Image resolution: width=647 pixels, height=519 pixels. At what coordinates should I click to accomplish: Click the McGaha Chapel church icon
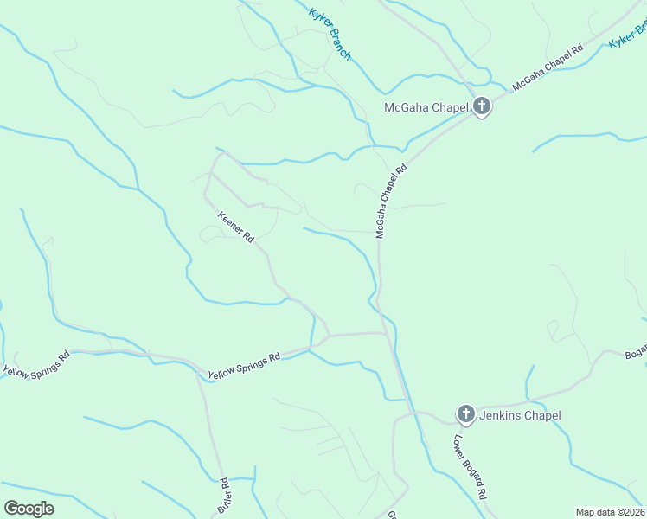coord(481,107)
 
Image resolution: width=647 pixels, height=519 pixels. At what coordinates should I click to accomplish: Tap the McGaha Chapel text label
coord(426,108)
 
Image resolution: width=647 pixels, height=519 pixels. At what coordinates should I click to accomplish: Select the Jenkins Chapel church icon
coord(465,414)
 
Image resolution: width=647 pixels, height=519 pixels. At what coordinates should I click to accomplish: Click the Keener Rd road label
coord(234,227)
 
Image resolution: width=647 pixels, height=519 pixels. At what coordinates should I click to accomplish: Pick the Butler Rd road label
coord(223,497)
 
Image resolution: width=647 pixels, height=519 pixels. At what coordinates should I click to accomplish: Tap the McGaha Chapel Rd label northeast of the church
coord(548,68)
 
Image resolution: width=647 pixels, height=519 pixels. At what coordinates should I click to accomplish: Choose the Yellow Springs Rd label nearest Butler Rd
coord(244,367)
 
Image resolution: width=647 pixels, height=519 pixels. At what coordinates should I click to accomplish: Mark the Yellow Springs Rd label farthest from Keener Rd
coord(36,363)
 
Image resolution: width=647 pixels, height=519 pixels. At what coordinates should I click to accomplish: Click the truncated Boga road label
coord(636,353)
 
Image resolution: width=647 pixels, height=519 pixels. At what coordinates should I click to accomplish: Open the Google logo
coord(29,508)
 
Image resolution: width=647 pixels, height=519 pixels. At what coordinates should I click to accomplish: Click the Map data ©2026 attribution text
coord(610,512)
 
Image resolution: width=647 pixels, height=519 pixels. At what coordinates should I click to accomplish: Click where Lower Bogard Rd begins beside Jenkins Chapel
coord(447,423)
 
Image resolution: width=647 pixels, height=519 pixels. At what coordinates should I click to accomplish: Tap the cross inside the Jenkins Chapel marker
coord(465,414)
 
